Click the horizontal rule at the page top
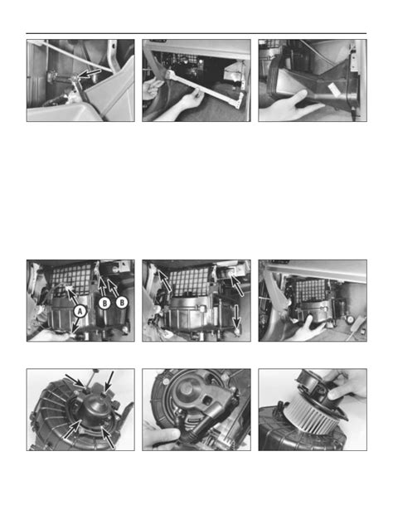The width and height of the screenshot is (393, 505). tap(196, 34)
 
